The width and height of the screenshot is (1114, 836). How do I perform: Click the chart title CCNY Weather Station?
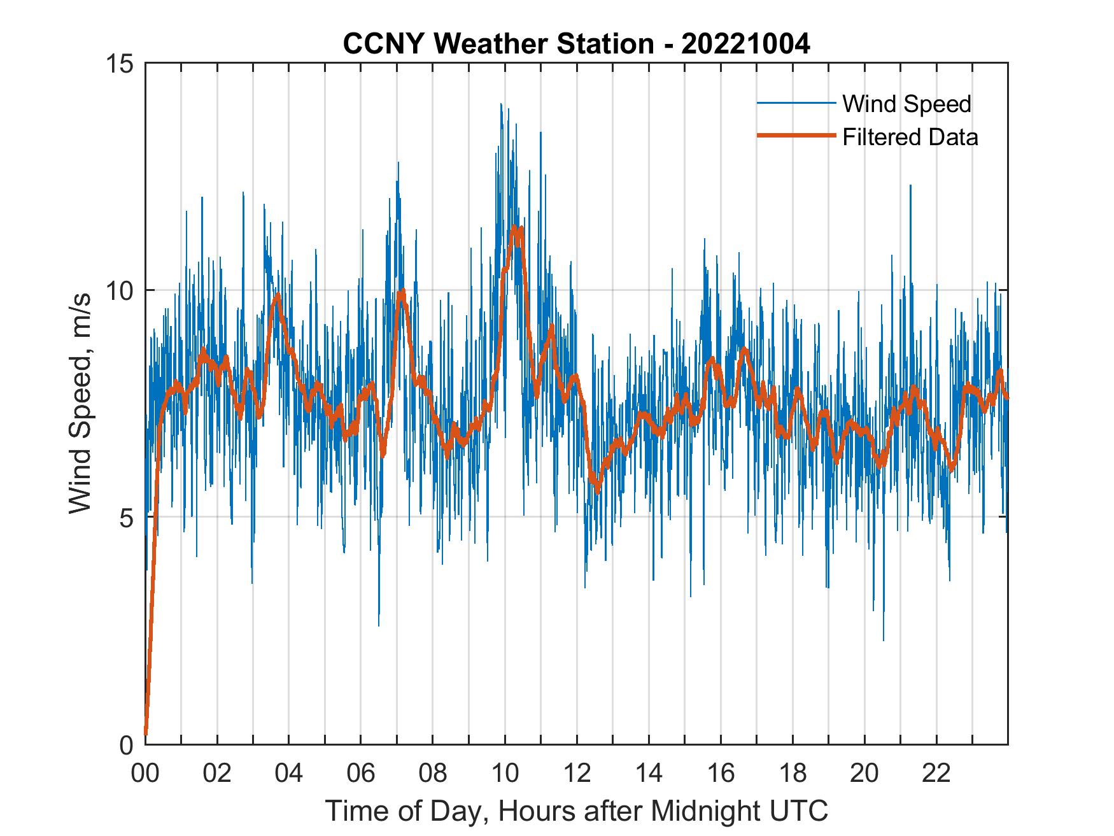tap(498, 45)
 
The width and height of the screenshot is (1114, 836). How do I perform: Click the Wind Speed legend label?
tap(906, 104)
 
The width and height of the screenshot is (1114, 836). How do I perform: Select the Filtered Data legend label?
tap(910, 137)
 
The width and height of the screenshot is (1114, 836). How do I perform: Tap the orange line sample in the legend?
tap(796, 136)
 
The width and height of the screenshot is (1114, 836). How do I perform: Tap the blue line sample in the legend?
tap(796, 103)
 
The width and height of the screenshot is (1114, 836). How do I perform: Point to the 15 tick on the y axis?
tap(118, 64)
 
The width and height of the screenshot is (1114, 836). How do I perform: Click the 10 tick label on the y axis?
tap(118, 291)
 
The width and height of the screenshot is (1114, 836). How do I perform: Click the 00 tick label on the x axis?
tap(145, 774)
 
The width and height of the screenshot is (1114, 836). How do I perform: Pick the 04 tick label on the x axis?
tap(289, 774)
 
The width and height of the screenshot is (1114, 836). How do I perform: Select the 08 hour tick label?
tap(433, 774)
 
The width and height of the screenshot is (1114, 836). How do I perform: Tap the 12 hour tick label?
tap(577, 774)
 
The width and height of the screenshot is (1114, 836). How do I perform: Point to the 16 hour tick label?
tap(721, 774)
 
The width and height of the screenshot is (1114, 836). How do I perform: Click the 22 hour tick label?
tap(936, 774)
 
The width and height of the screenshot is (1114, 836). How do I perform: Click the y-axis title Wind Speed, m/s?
tap(80, 403)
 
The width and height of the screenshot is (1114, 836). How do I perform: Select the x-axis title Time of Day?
tap(577, 811)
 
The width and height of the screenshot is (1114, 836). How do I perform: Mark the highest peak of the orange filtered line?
tap(514, 227)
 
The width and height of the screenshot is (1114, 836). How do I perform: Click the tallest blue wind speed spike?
tap(501, 104)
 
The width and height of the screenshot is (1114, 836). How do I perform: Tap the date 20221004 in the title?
tap(745, 45)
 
